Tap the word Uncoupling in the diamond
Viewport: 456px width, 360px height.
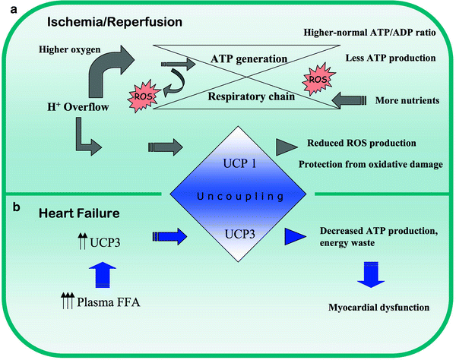pos(230,197)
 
